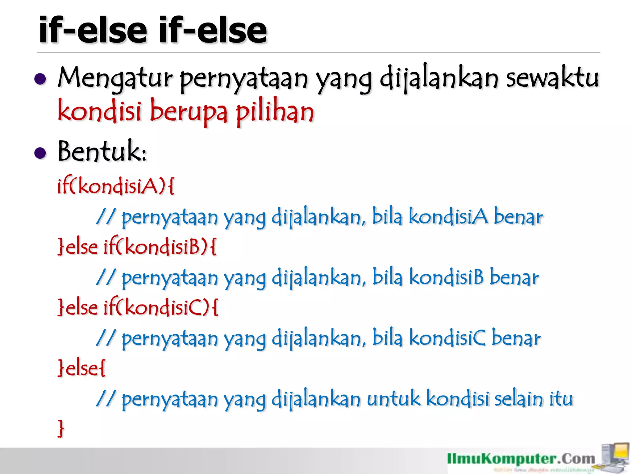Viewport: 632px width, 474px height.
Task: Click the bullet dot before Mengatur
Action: click(x=40, y=79)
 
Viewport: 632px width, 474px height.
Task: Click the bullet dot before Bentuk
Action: click(x=40, y=153)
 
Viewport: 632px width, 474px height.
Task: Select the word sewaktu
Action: click(x=552, y=78)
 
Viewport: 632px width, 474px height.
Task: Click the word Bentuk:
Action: click(x=102, y=151)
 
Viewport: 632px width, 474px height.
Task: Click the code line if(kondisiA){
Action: click(x=116, y=186)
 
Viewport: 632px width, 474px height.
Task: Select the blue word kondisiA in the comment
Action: click(x=448, y=217)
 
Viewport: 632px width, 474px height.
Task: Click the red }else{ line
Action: click(x=81, y=368)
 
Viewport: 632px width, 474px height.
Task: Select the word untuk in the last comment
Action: click(x=393, y=399)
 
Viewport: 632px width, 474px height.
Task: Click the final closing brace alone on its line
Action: click(x=61, y=428)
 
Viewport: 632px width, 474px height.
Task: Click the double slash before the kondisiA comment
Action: click(x=106, y=217)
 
